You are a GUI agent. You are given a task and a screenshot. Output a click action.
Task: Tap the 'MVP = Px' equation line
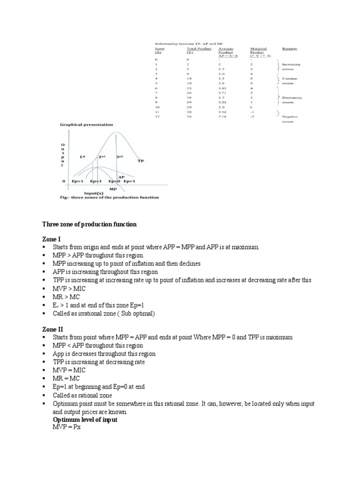pyautogui.click(x=67, y=427)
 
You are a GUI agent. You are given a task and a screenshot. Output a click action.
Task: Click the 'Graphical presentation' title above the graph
pyautogui.click(x=86, y=125)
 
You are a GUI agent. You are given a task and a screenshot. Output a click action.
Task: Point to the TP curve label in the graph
pyautogui.click(x=140, y=161)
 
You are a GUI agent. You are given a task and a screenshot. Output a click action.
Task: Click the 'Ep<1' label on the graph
pyautogui.click(x=132, y=181)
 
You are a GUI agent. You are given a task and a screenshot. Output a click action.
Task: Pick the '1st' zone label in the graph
pyautogui.click(x=82, y=157)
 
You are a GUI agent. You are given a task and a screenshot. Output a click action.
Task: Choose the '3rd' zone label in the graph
pyautogui.click(x=120, y=157)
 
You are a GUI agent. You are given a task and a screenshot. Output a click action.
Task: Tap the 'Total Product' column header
pyautogui.click(x=199, y=48)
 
